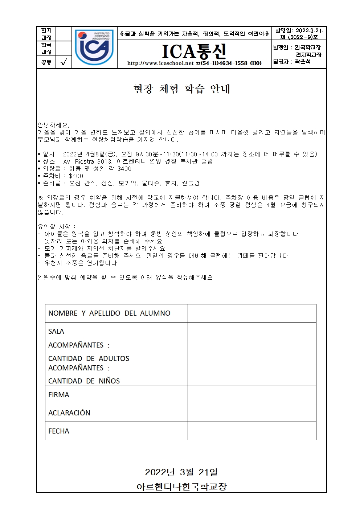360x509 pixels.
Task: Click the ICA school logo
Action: click(94, 48)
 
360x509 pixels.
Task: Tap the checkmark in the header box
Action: click(64, 62)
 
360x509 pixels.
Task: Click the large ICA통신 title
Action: click(194, 52)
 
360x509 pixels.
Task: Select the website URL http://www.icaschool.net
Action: click(160, 63)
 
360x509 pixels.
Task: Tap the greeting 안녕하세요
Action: click(53, 125)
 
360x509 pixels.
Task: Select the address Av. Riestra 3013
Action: click(85, 161)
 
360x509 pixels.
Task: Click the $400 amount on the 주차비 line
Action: click(76, 176)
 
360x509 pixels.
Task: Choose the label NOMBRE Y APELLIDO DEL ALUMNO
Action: click(109, 313)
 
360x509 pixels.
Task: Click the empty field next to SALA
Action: click(251, 331)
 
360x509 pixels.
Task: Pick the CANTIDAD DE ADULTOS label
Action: click(89, 358)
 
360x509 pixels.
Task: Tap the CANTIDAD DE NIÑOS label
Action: click(84, 381)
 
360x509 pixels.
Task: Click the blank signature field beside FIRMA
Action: click(251, 395)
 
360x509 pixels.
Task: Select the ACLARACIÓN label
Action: click(69, 413)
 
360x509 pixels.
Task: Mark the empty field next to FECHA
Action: click(251, 431)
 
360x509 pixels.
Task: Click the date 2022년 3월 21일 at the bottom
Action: click(181, 472)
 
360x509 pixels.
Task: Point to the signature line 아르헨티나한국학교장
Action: click(181, 487)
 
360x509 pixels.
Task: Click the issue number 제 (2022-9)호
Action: click(299, 37)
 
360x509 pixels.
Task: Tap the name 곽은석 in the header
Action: click(302, 62)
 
